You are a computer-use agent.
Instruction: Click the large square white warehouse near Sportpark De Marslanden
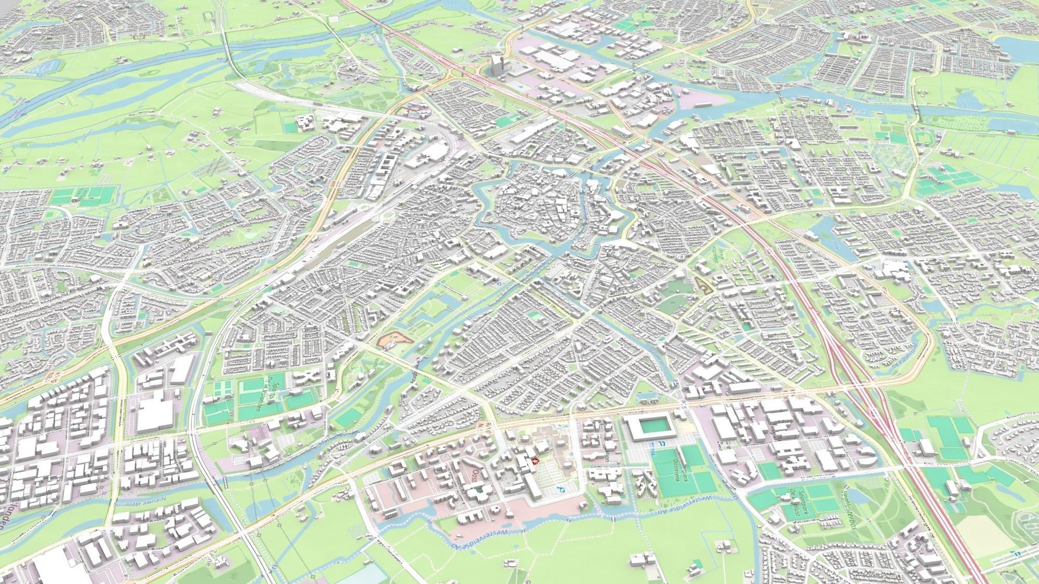155,415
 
